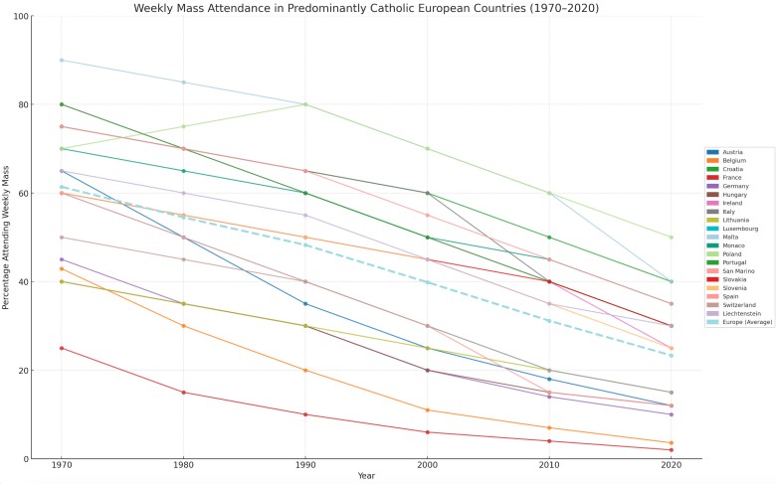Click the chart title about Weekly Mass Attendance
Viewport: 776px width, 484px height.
(x=366, y=8)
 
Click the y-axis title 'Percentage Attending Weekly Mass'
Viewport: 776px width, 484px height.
(x=8, y=239)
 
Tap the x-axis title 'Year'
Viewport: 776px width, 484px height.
(x=366, y=476)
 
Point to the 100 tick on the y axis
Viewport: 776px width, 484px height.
(x=19, y=17)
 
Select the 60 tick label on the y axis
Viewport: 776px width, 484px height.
(x=21, y=194)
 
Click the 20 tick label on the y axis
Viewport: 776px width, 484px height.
(x=21, y=371)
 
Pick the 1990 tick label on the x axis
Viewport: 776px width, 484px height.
(x=305, y=466)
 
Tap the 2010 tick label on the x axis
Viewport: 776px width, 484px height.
(x=549, y=466)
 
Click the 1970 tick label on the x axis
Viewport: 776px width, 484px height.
(x=62, y=466)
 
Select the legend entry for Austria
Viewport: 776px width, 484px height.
(x=731, y=152)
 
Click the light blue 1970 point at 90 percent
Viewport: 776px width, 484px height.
(x=62, y=61)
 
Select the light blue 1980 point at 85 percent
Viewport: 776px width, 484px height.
(x=183, y=82)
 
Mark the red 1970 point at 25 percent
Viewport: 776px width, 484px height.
(x=62, y=348)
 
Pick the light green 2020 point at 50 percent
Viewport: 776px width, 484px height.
(x=671, y=238)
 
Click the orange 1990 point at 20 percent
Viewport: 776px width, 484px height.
(x=305, y=371)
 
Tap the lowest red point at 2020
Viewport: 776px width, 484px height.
(x=671, y=450)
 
